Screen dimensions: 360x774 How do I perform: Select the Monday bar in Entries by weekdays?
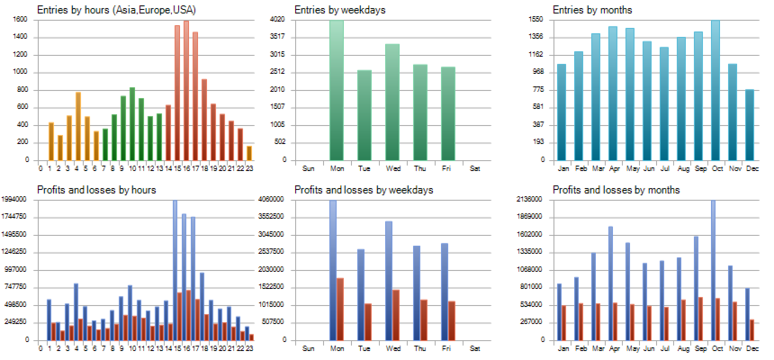(x=337, y=90)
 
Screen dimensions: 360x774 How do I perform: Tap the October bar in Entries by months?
(x=715, y=90)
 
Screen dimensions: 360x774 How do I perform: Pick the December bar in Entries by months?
(x=750, y=125)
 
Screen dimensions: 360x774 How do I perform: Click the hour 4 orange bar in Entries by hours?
(x=78, y=126)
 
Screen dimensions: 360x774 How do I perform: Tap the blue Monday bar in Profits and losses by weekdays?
(x=333, y=270)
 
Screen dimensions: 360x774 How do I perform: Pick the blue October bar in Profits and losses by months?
(x=713, y=270)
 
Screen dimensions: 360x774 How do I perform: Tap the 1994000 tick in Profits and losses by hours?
(x=20, y=199)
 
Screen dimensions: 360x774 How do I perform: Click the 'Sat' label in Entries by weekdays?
(x=476, y=168)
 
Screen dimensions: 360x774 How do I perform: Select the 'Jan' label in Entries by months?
(x=564, y=168)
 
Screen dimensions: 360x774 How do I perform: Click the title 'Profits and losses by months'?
(x=616, y=190)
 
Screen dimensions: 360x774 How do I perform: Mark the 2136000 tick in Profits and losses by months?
(x=529, y=199)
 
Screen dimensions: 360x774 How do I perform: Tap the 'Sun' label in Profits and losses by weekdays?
(x=309, y=348)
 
